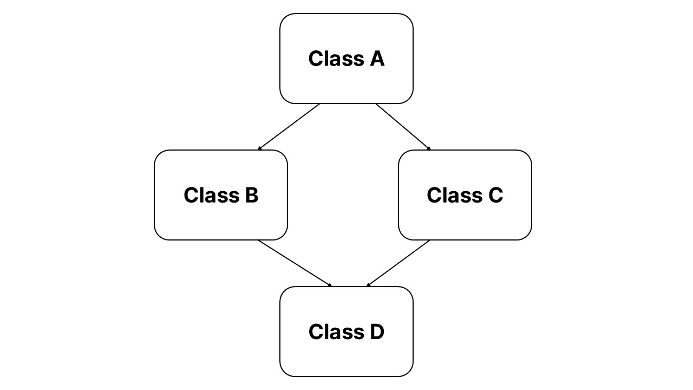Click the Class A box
click(x=346, y=58)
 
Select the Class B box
click(x=221, y=195)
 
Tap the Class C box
click(x=465, y=195)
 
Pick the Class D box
click(x=346, y=331)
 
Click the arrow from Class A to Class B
click(x=289, y=127)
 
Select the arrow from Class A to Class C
click(x=403, y=127)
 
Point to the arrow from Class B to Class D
click(x=295, y=263)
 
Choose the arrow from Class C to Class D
click(x=398, y=263)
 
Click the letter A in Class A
click(x=377, y=58)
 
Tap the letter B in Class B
click(x=252, y=195)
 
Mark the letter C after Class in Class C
click(x=495, y=195)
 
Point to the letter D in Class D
click(x=377, y=331)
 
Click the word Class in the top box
click(x=336, y=58)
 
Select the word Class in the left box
click(x=212, y=195)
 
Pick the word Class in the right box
click(x=455, y=195)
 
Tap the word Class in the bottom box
click(x=336, y=331)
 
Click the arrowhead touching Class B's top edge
click(x=259, y=148)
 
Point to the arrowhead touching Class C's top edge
click(x=429, y=148)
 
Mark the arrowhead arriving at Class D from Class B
click(x=330, y=285)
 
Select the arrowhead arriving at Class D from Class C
click(x=368, y=285)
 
